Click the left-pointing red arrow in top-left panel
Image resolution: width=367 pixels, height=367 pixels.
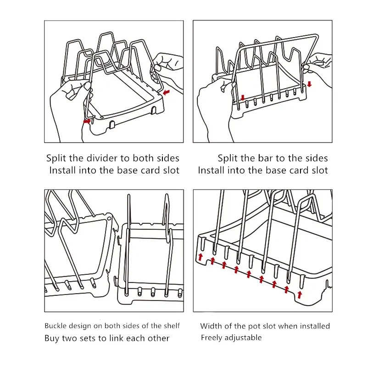[166, 92]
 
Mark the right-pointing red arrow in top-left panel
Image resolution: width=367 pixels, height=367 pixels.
[87, 121]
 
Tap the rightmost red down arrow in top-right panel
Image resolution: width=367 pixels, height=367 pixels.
[309, 84]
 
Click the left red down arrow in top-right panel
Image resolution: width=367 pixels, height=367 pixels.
[243, 98]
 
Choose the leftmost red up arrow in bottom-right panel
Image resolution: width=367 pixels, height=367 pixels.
[200, 257]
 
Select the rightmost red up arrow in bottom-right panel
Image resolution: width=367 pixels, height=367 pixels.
[300, 295]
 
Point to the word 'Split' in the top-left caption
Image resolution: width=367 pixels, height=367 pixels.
[56, 158]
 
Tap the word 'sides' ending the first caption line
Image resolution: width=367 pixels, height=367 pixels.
[168, 158]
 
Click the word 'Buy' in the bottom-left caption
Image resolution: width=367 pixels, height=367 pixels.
[52, 339]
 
